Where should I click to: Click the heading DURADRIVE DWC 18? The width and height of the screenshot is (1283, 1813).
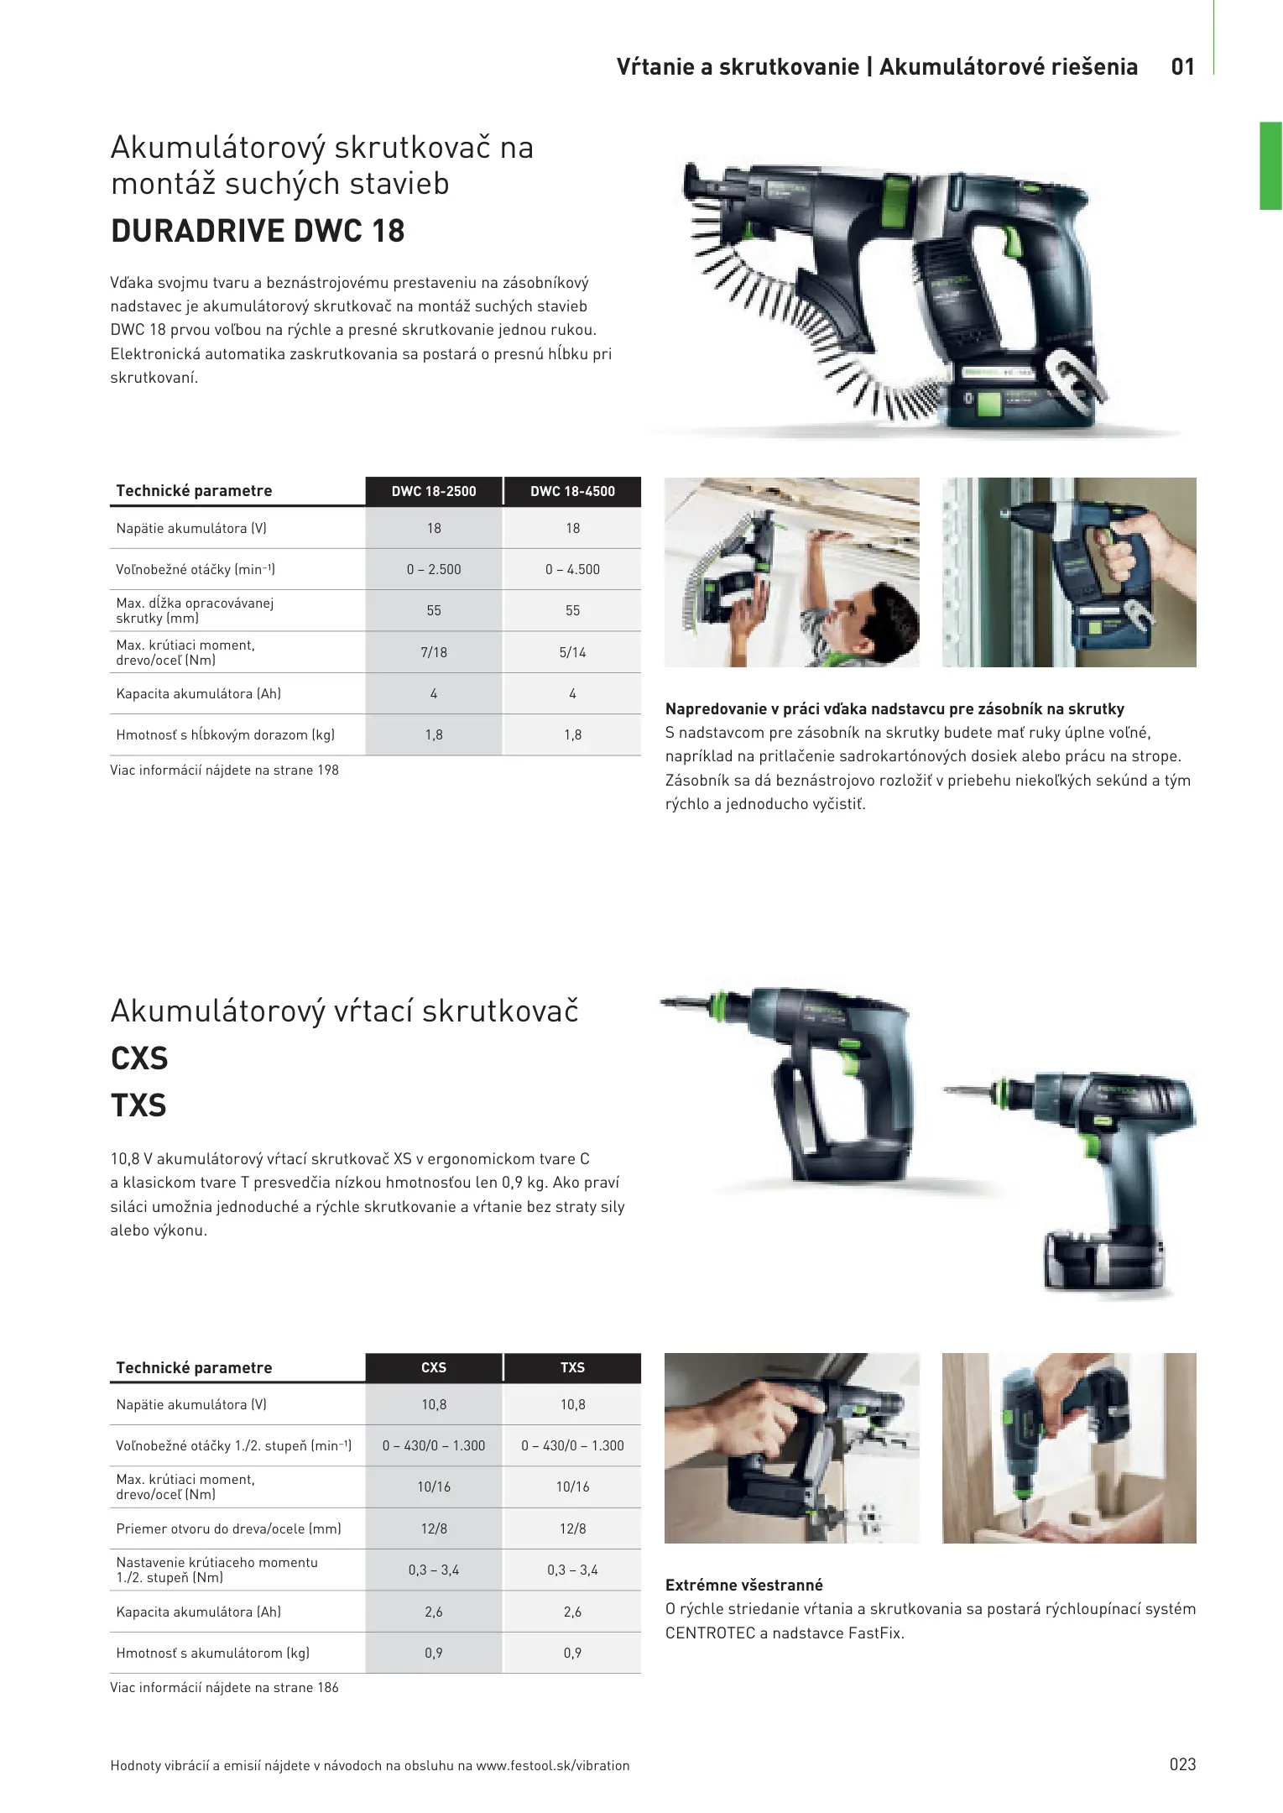258,231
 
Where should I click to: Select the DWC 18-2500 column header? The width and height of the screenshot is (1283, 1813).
434,491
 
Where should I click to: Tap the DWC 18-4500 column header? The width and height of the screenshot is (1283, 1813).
572,491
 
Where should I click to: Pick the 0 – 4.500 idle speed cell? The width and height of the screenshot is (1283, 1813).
572,569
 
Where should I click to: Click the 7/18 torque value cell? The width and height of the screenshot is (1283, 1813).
434,652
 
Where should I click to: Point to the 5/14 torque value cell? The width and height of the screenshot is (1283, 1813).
572,652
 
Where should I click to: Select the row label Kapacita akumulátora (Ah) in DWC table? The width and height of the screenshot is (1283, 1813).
199,693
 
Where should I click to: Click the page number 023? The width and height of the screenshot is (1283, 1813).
1182,1764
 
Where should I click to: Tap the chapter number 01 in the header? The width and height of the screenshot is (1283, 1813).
1183,67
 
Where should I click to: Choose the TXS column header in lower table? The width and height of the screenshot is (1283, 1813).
572,1367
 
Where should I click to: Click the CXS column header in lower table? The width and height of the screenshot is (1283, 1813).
434,1367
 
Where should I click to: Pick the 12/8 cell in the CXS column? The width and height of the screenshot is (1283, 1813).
434,1528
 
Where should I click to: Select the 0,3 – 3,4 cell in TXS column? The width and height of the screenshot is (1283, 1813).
572,1570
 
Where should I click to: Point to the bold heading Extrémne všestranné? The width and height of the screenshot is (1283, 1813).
744,1585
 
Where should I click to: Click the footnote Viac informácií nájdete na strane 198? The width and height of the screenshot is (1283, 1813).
224,770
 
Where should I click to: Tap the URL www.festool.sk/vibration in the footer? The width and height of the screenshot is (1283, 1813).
553,1765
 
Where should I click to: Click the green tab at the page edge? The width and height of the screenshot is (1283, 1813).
1270,165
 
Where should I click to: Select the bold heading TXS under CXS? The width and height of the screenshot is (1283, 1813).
138,1105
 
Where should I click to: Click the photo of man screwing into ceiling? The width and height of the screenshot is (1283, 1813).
792,572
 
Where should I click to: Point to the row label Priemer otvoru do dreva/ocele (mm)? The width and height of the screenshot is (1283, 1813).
228,1528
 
